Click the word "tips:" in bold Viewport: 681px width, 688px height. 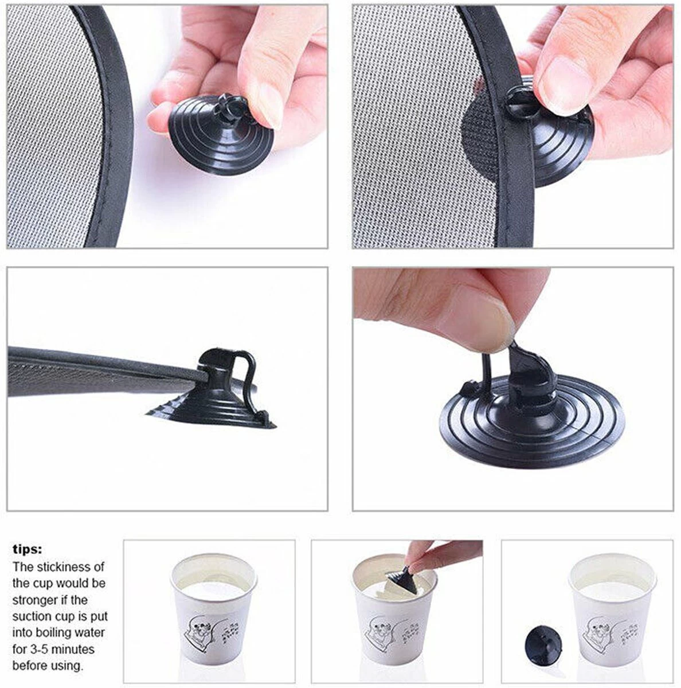(28, 549)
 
